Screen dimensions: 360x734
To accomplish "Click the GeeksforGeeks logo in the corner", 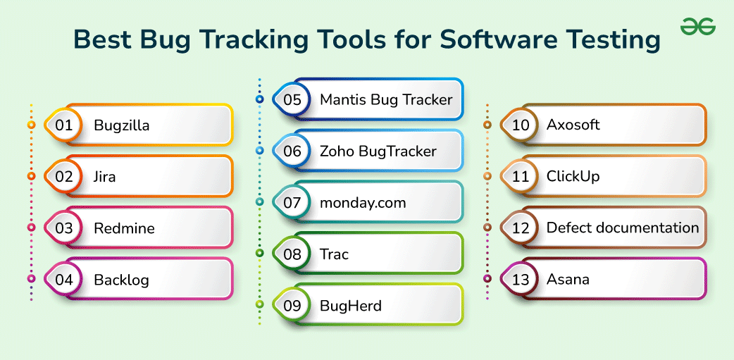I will click(x=697, y=27).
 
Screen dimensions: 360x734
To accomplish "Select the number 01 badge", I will click(x=64, y=125).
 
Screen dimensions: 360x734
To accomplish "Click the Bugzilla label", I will click(x=122, y=125).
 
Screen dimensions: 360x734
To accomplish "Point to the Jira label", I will click(x=105, y=177).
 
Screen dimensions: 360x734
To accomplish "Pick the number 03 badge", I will click(x=64, y=228).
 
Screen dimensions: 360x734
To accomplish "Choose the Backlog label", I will click(x=122, y=280).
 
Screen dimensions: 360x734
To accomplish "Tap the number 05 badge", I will click(x=292, y=99).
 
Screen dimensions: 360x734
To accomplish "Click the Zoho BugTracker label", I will click(x=378, y=151).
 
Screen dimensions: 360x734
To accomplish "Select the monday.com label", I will click(x=363, y=202).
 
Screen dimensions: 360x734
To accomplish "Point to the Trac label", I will click(x=334, y=254).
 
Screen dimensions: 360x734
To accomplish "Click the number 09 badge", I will click(x=292, y=305).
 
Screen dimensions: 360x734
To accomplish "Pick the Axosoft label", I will click(x=573, y=125).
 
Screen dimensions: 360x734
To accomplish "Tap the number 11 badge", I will click(x=521, y=176).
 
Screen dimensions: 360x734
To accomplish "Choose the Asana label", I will click(x=568, y=279).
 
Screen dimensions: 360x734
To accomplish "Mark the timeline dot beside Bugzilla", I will click(x=31, y=125).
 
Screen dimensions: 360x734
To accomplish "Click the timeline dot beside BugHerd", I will click(x=259, y=305).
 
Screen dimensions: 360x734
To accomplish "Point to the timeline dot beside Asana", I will click(x=487, y=279).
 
